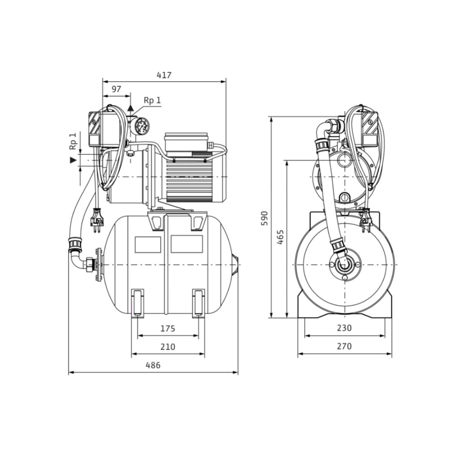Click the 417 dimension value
point(164,75)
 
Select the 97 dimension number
point(116,89)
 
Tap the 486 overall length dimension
point(153,365)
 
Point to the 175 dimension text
point(167,328)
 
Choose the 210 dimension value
point(167,346)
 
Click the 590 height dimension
point(264,218)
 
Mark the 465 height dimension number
point(280,237)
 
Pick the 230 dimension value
point(344,328)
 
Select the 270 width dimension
point(344,346)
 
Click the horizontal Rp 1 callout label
point(153,100)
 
